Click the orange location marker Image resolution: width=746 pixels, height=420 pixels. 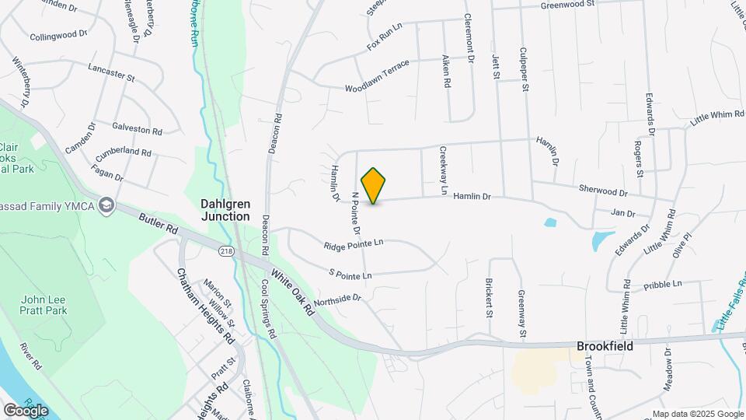click(x=374, y=185)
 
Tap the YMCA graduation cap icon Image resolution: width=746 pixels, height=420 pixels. click(x=106, y=206)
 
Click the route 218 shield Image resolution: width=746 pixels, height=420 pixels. click(x=226, y=250)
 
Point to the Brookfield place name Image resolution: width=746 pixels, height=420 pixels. click(x=605, y=346)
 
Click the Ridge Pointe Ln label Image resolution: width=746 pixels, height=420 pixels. click(x=354, y=246)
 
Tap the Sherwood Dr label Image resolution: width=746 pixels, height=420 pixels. click(x=602, y=191)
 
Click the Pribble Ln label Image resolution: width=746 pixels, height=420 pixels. click(x=663, y=284)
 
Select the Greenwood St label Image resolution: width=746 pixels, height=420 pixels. click(x=567, y=4)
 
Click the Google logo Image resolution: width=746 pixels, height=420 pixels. click(x=26, y=410)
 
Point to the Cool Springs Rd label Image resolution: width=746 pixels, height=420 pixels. click(x=268, y=309)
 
